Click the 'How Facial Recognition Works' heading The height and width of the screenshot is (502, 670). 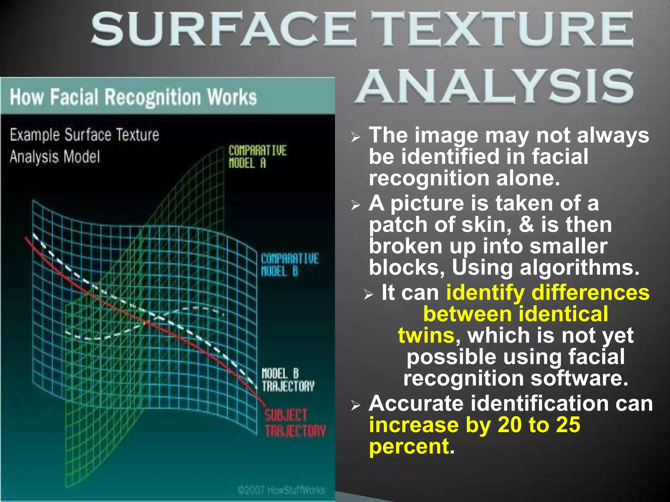(133, 97)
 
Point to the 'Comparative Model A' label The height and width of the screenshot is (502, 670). (257, 157)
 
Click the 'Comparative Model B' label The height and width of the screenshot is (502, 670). (289, 265)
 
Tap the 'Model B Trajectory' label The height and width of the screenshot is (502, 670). (288, 380)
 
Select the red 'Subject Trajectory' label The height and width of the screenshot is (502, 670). (295, 423)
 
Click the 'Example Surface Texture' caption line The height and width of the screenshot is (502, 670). (84, 135)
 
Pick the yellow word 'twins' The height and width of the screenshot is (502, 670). (426, 335)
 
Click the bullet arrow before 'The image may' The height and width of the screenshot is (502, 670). (356, 137)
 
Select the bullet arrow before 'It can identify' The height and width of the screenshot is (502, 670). (368, 294)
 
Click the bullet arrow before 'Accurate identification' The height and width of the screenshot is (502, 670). (356, 406)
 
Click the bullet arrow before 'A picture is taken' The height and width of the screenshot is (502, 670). (356, 205)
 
